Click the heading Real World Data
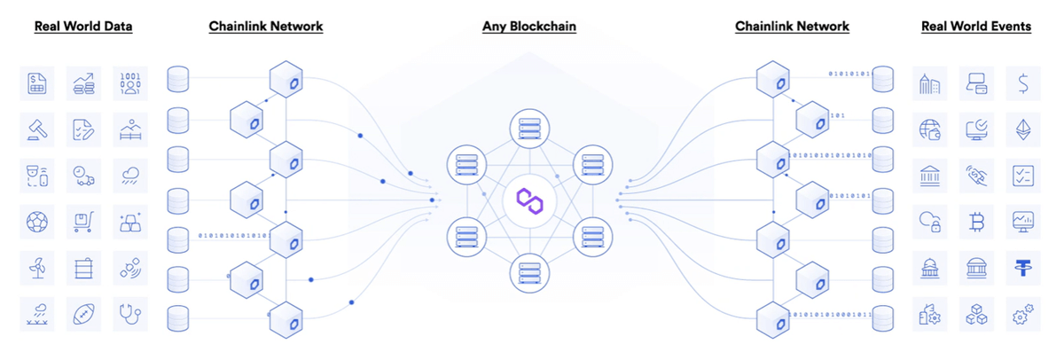tap(83, 27)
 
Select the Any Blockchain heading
tap(529, 27)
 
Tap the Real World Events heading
tap(976, 27)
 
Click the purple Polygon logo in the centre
tap(529, 200)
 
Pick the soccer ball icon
tap(38, 221)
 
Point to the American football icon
tap(84, 313)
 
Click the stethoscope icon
tap(130, 313)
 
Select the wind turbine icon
tap(38, 267)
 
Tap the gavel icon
tap(38, 129)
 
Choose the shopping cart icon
tap(84, 221)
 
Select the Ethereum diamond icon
tap(1023, 129)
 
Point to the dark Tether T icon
tap(1023, 267)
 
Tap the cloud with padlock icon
tap(930, 221)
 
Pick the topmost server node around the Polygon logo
tap(529, 129)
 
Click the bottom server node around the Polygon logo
tap(529, 271)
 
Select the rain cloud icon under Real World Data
tap(130, 175)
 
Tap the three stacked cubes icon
tap(977, 313)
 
